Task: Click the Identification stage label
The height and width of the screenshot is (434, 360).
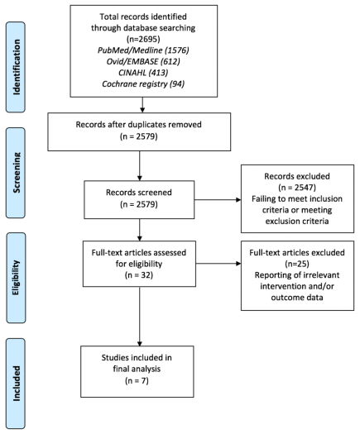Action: pos(17,67)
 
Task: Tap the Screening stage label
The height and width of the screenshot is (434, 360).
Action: pos(17,173)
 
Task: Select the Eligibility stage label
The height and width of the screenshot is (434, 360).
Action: pos(16,278)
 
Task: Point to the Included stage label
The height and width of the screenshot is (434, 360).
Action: pos(17,384)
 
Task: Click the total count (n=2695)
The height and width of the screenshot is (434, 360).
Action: pos(143,39)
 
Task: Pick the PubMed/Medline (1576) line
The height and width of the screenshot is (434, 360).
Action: pos(143,50)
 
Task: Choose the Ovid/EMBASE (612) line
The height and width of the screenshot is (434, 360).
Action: pos(143,61)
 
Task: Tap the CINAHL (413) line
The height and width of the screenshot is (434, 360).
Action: pos(143,73)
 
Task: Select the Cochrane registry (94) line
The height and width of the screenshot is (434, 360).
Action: pos(143,83)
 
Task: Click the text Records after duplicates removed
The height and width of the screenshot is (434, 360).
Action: pos(138,125)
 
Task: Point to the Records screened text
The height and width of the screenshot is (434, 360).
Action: pos(139,193)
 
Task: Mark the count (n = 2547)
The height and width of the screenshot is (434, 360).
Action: pos(297,188)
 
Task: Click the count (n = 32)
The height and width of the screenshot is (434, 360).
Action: pos(139,275)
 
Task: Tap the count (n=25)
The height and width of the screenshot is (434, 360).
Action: pos(297,264)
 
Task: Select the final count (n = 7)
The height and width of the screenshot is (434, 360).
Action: pos(137,381)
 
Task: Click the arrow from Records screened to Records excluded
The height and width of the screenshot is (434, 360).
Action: pos(218,199)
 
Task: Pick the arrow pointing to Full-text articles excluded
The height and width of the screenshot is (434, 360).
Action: pos(218,264)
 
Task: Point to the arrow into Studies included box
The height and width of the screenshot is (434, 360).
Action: pos(139,316)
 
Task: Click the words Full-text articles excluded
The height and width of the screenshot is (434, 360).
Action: pos(297,252)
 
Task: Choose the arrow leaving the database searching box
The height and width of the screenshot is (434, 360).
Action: pos(142,105)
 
